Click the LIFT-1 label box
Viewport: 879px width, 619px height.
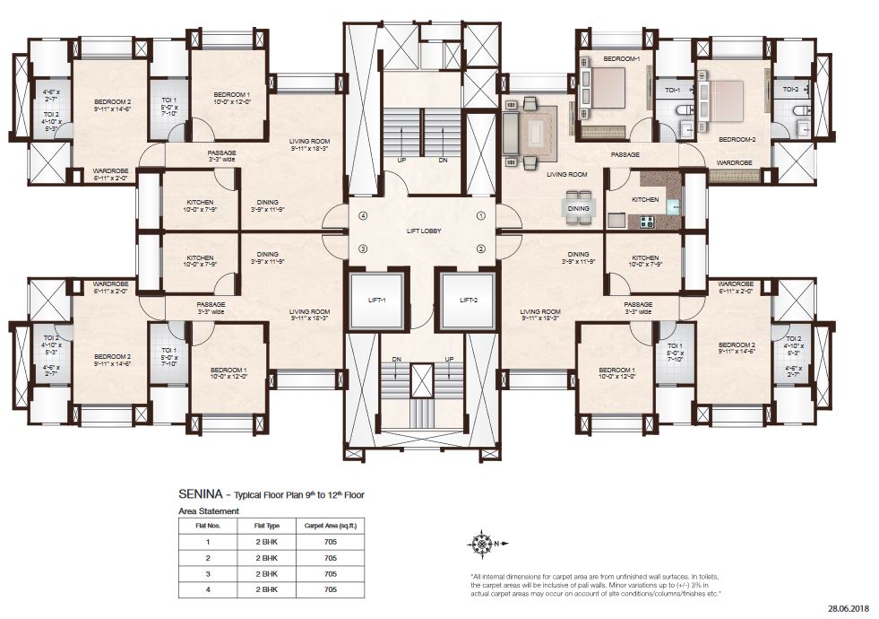376,300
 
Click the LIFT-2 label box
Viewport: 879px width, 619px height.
465,300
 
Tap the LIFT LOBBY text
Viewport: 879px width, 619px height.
423,231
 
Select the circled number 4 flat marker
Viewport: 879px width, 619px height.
364,215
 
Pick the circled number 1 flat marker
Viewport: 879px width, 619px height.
480,215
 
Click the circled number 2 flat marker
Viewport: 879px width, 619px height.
480,248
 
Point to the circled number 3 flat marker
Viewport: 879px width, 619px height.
364,248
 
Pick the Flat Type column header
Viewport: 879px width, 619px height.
266,527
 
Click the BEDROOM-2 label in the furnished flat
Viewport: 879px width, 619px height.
737,139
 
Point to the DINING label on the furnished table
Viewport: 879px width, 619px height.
579,208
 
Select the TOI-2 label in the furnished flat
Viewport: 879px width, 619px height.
791,89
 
